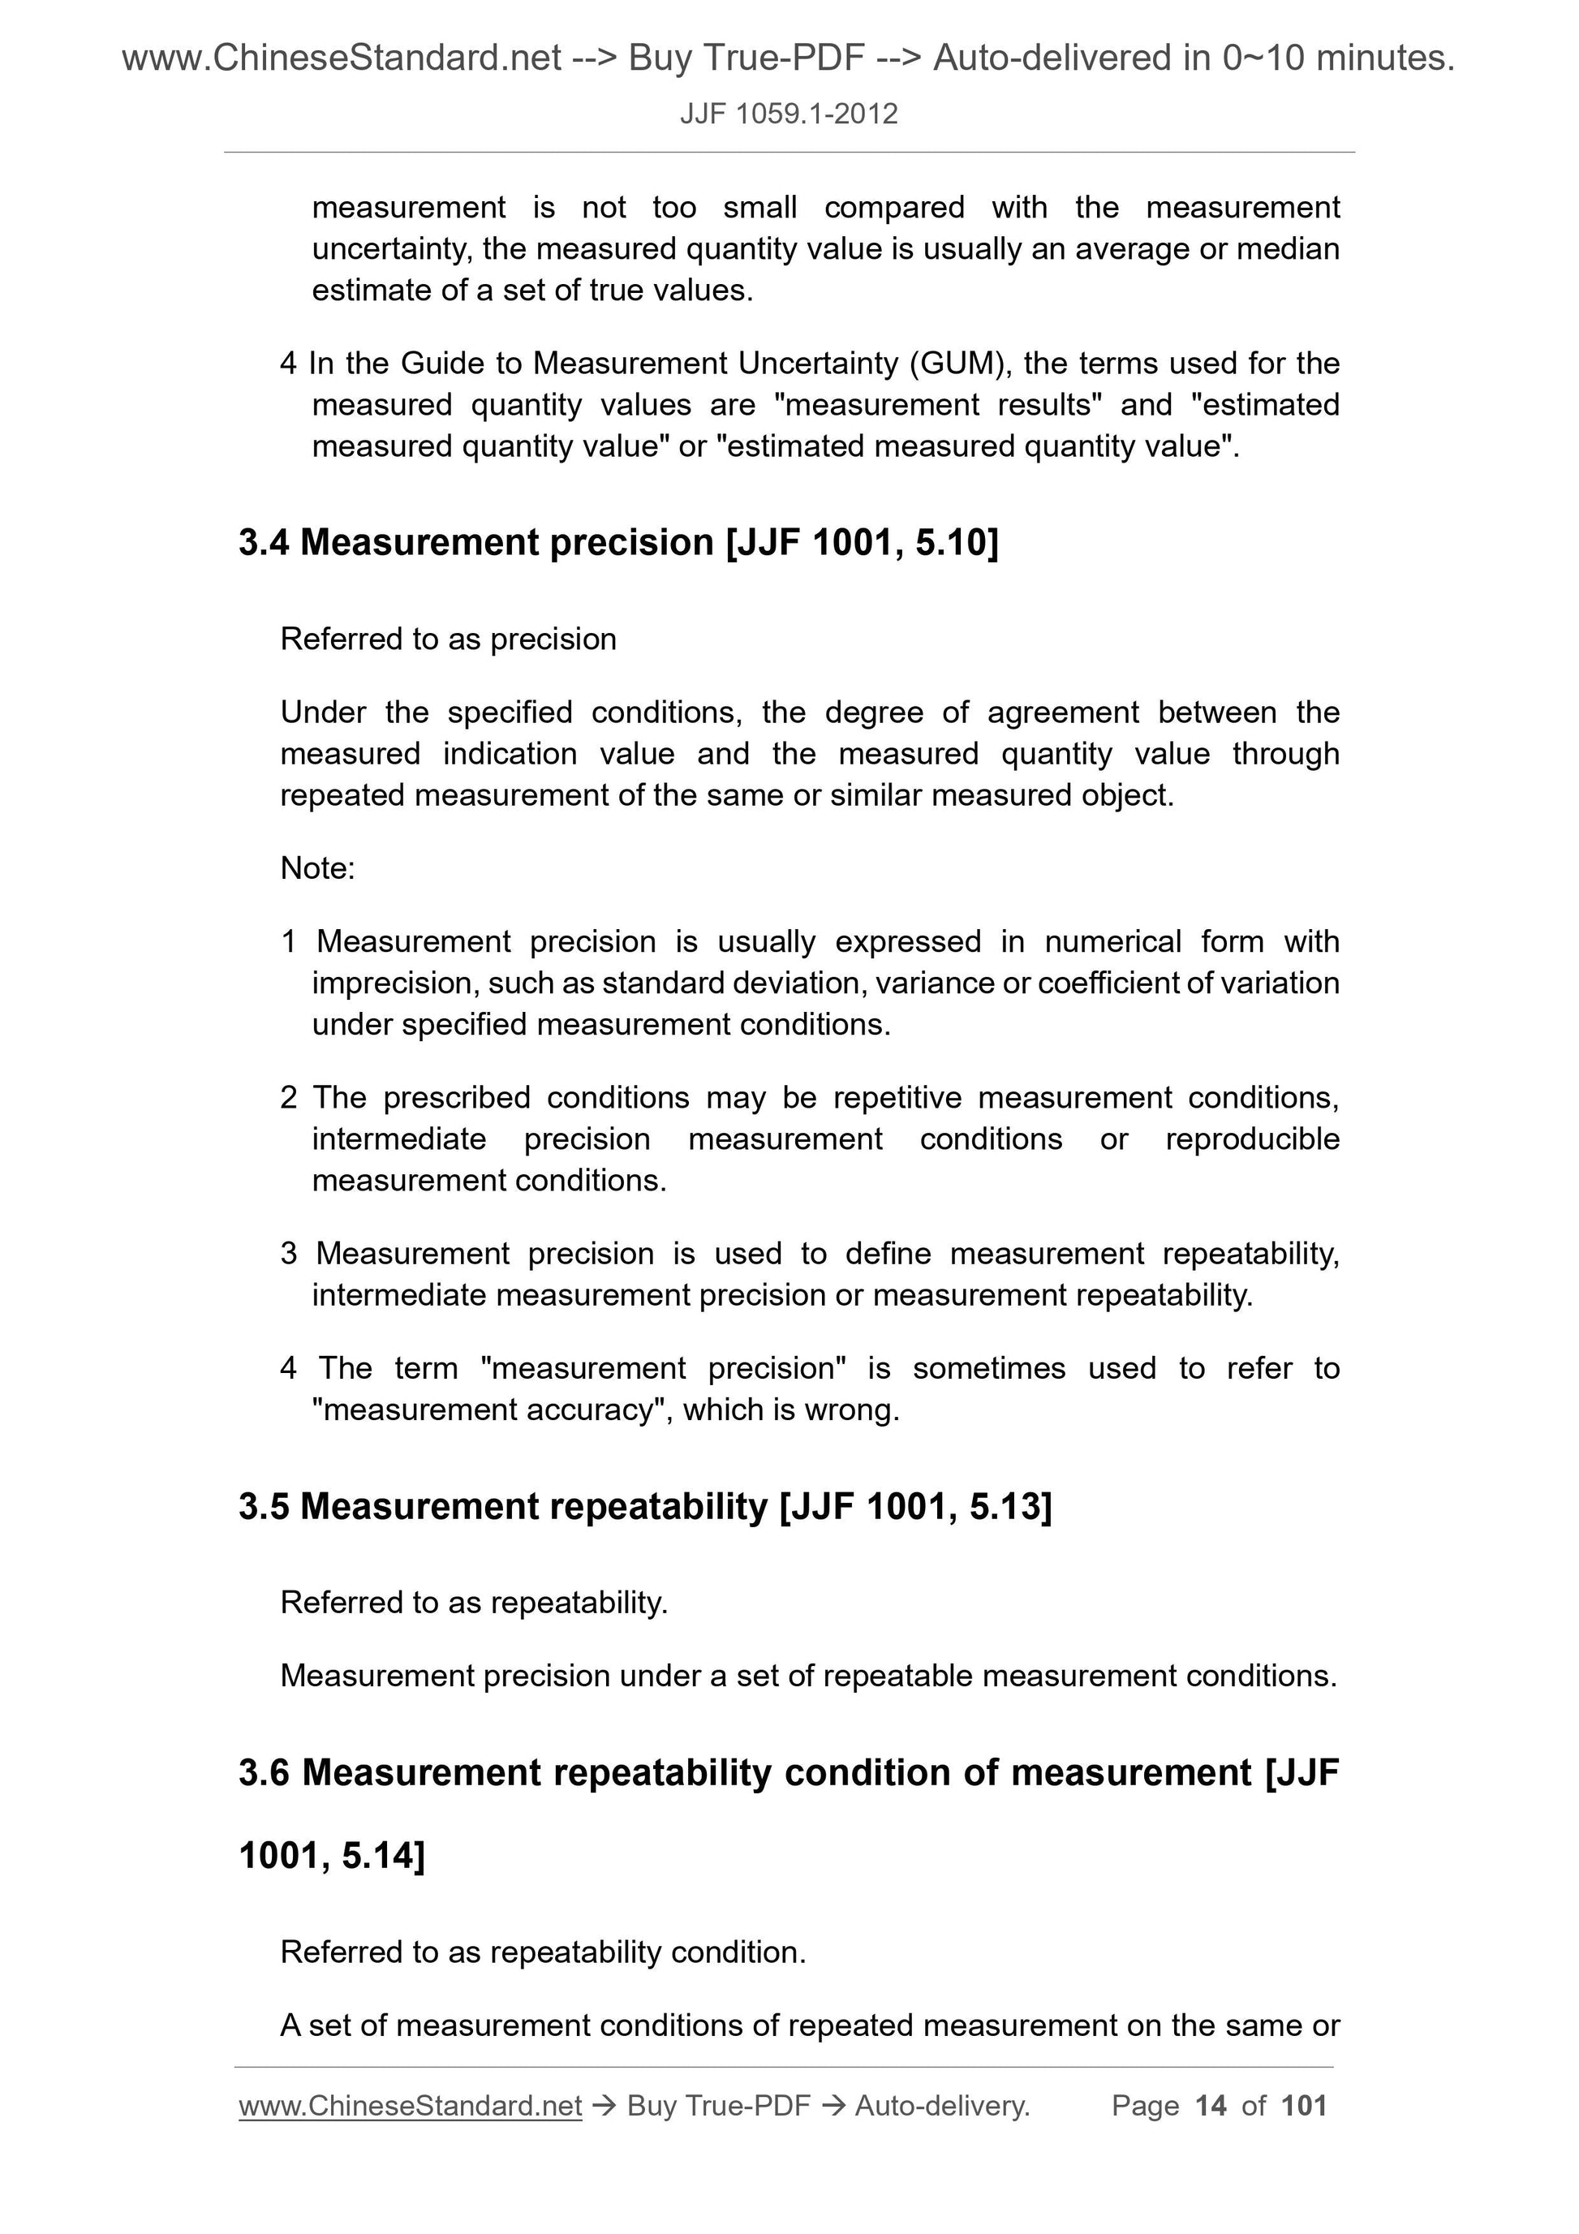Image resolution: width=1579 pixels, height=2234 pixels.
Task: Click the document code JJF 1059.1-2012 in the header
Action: click(x=788, y=114)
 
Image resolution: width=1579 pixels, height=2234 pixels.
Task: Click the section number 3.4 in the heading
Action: click(x=264, y=543)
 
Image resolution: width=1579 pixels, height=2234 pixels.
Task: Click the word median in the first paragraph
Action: click(x=1287, y=250)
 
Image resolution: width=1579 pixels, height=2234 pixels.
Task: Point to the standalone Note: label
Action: click(x=317, y=868)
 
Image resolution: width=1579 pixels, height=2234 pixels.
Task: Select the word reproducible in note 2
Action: click(x=1252, y=1139)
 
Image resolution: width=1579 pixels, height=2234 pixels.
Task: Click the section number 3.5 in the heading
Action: click(x=264, y=1507)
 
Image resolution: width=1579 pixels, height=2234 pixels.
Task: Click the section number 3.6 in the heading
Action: click(x=264, y=1773)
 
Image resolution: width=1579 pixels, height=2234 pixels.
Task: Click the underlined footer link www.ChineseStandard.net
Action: click(x=410, y=2107)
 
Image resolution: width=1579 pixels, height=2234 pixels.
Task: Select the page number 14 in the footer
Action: click(x=1211, y=2107)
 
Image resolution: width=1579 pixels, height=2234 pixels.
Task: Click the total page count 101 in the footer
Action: click(x=1304, y=2107)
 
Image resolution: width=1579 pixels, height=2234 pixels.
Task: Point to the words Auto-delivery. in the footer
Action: click(x=942, y=2107)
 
